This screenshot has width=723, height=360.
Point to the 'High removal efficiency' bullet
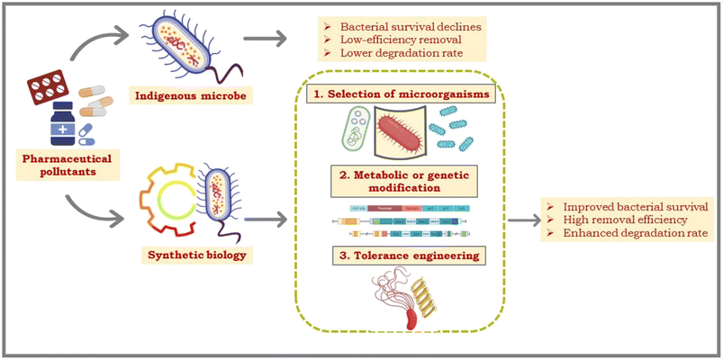click(620, 220)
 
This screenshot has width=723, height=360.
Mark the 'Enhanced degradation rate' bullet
click(628, 234)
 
